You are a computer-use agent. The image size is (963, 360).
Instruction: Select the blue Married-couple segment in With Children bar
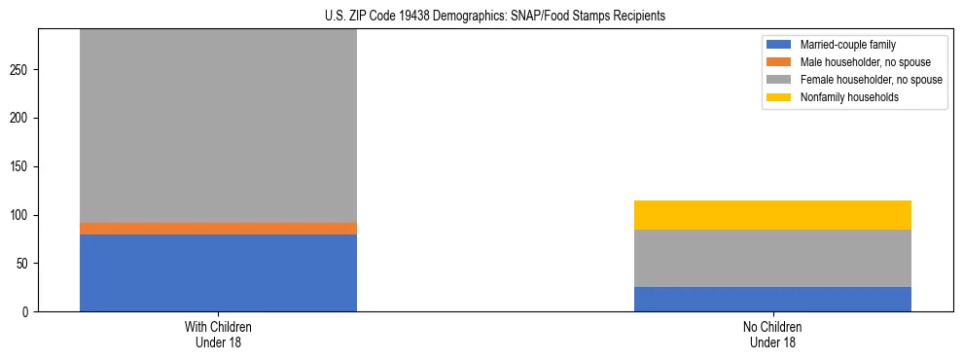218,272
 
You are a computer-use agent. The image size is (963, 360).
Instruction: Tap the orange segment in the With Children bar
218,229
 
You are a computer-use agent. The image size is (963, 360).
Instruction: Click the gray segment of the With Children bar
218,126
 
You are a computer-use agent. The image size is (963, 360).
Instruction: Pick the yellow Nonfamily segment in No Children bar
772,215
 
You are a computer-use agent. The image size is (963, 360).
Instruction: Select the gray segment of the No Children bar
772,258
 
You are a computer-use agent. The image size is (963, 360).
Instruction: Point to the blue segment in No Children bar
772,299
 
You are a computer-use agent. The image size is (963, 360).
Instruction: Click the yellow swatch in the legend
780,97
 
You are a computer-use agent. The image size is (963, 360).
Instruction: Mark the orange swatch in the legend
780,62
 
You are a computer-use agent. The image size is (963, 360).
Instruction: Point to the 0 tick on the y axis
27,312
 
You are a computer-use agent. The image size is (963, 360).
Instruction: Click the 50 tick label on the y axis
24,264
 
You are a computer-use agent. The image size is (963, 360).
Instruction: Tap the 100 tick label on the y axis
21,215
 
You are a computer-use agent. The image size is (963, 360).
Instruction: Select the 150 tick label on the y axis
21,167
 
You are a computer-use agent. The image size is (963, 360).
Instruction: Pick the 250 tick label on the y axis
21,70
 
